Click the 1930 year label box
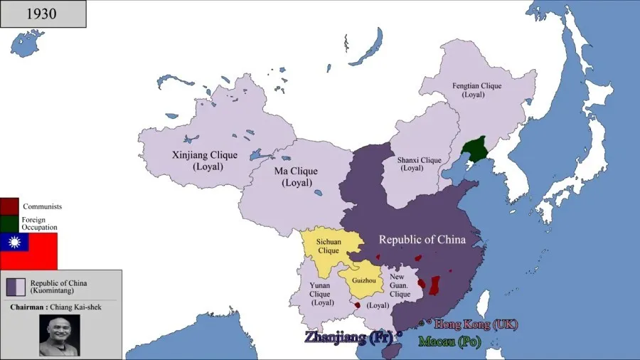[x=43, y=14]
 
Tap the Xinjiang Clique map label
[x=197, y=160]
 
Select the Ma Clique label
[x=296, y=176]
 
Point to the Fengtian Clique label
[x=476, y=90]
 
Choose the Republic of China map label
[x=422, y=240]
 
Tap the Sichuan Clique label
[x=329, y=246]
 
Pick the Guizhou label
[x=363, y=280]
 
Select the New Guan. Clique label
[x=400, y=287]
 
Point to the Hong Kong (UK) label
[x=476, y=324]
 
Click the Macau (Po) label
[x=449, y=342]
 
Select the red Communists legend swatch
[x=9, y=206]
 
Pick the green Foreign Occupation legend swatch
[x=9, y=223]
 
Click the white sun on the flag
[x=14, y=243]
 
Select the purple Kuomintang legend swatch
[x=16, y=287]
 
